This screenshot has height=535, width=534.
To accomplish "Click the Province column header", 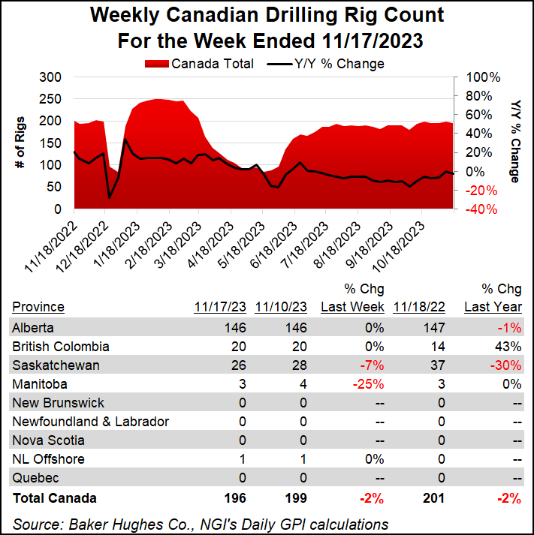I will [x=38, y=307].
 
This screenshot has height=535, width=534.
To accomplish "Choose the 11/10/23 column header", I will [x=282, y=307].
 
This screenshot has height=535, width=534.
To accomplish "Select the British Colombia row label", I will [x=61, y=347].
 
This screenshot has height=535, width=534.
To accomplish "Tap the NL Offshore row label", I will [x=49, y=459].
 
